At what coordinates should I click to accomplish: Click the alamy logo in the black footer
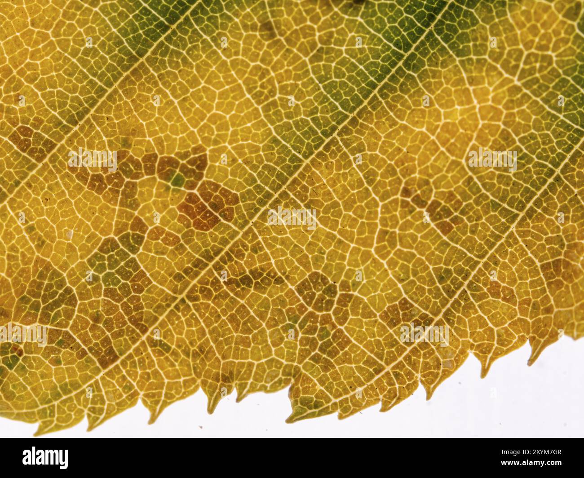45,457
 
